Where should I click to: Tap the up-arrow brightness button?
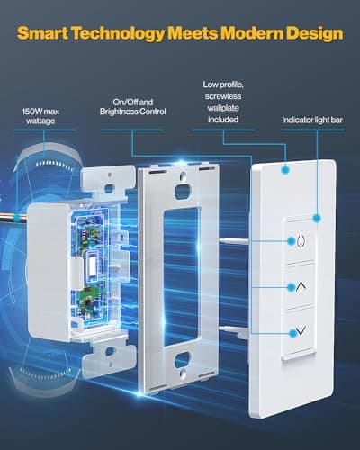[300, 287]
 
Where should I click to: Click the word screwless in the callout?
[221, 94]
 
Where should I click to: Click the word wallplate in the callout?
[221, 104]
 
